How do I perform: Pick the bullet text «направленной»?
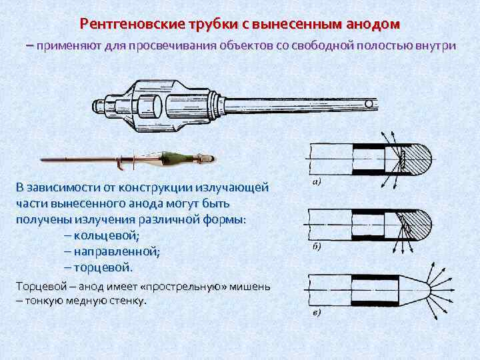pyautogui.click(x=117, y=252)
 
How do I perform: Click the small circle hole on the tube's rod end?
pyautogui.click(x=369, y=104)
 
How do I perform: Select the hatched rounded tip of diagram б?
pyautogui.click(x=419, y=224)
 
